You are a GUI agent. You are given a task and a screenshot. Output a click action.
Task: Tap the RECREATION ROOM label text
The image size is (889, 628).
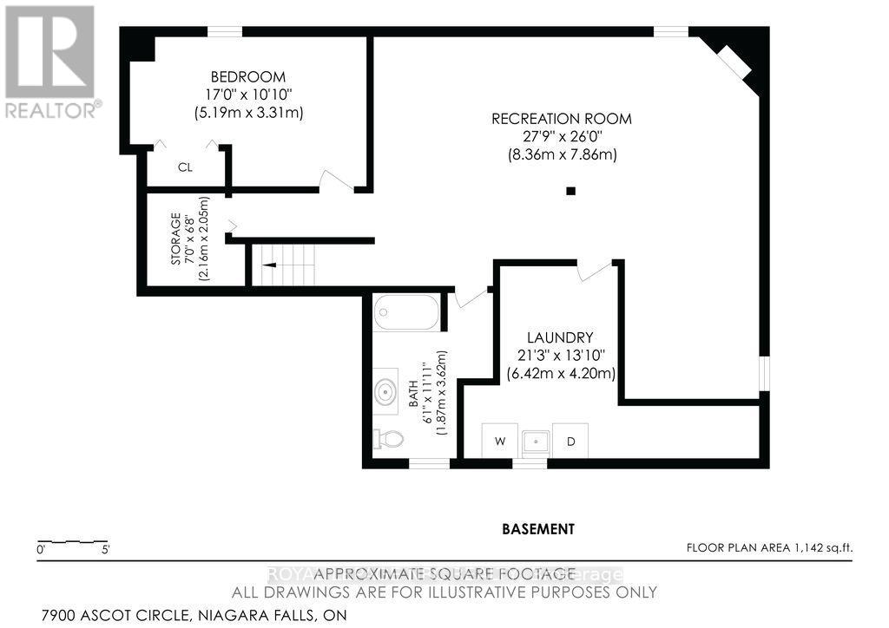pyautogui.click(x=561, y=119)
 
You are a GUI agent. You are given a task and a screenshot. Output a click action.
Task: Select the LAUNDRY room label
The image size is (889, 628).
pyautogui.click(x=560, y=337)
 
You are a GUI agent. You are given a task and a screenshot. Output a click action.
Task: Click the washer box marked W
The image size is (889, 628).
pyautogui.click(x=500, y=441)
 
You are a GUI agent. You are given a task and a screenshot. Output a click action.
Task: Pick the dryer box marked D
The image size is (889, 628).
pyautogui.click(x=570, y=441)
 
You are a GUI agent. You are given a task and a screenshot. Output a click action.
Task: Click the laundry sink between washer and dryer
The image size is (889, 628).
pyautogui.click(x=536, y=441)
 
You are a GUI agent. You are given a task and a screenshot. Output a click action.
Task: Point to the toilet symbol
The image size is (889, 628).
pyautogui.click(x=388, y=440)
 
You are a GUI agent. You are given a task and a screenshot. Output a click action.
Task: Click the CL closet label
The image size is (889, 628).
pyautogui.click(x=185, y=167)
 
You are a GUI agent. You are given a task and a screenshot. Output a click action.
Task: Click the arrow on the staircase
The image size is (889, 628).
pyautogui.click(x=270, y=265)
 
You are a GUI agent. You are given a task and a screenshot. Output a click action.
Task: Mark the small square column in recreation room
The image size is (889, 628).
pyautogui.click(x=570, y=191)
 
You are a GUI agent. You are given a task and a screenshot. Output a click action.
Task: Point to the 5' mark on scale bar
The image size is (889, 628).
pyautogui.click(x=104, y=549)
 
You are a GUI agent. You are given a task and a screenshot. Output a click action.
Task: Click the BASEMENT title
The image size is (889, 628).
pyautogui.click(x=537, y=528)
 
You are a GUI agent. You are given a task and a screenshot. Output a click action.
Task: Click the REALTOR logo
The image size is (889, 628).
pyautogui.click(x=49, y=61)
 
